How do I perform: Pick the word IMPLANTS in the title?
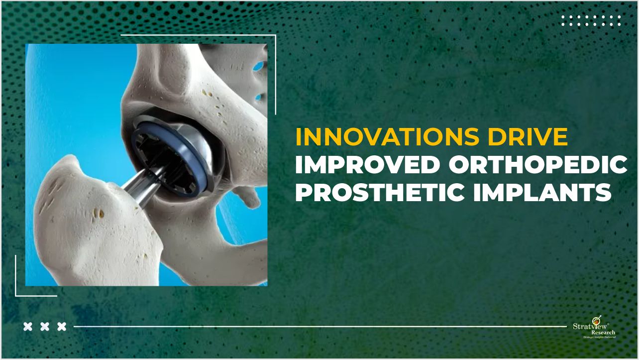[542, 192]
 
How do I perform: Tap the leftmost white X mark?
[28, 327]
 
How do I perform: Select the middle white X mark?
[45, 327]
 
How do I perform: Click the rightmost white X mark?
[62, 327]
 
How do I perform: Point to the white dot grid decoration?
[591, 20]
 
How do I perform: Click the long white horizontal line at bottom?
[319, 327]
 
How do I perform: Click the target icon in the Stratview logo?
[595, 320]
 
